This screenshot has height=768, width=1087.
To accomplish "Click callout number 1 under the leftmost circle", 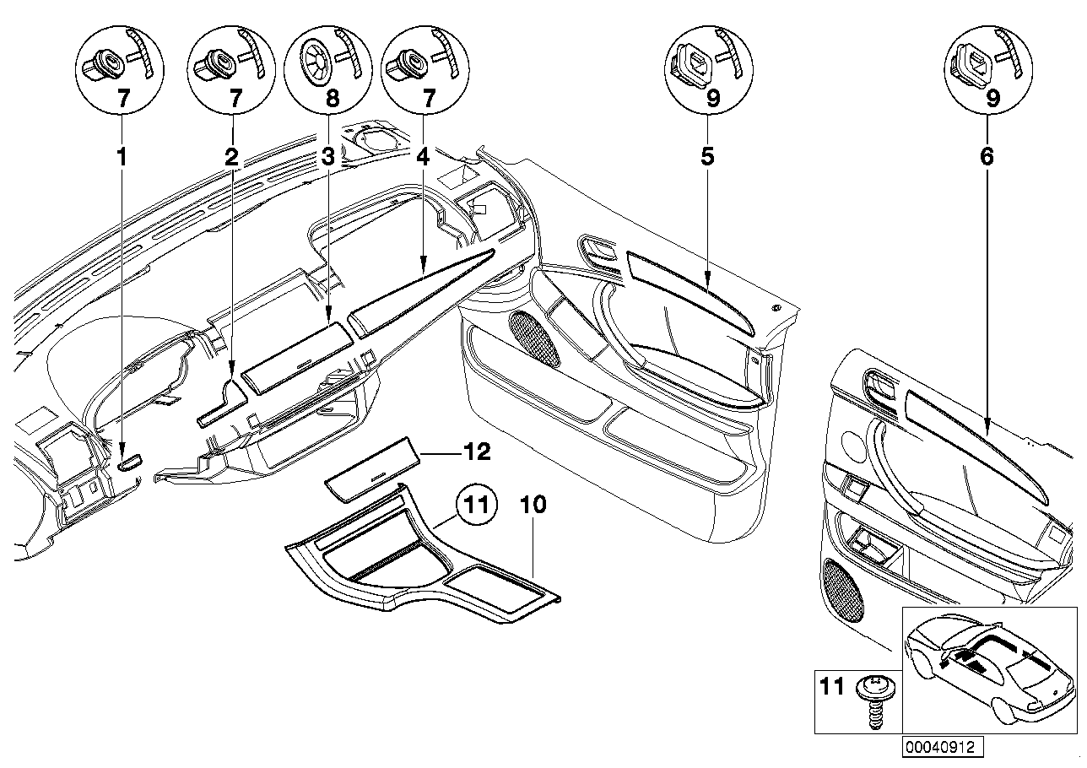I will [x=124, y=156].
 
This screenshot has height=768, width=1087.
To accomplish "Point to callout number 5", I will [x=707, y=156].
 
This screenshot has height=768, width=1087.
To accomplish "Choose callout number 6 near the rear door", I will [x=987, y=156].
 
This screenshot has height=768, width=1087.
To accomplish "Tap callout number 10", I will [x=534, y=506].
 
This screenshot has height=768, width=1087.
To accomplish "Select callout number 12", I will [x=478, y=453].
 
